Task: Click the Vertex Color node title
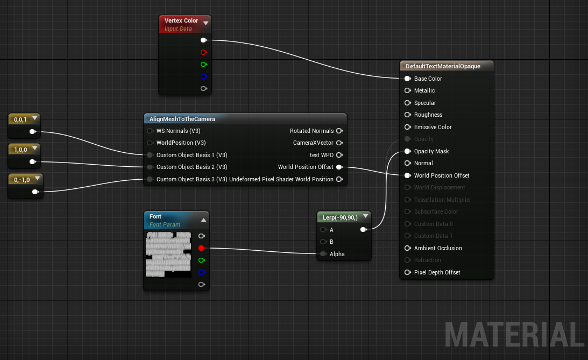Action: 181,20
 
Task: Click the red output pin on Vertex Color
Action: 203,52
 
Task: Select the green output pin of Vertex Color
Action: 203,64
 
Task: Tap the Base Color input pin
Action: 408,79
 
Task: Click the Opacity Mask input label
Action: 431,151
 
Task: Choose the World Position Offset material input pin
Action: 408,175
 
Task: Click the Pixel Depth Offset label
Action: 437,272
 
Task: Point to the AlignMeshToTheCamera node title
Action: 182,119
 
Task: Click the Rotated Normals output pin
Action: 339,131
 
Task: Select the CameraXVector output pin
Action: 339,143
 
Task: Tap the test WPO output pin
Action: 339,155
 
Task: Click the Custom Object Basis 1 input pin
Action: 150,155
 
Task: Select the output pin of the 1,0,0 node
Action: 33,161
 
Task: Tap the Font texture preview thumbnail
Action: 168,255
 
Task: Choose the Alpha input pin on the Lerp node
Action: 323,254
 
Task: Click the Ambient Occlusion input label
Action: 438,248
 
